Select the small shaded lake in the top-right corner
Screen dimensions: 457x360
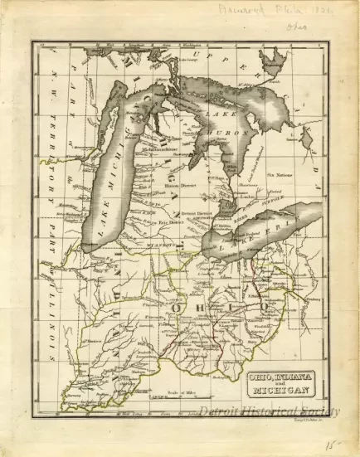[273, 61]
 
